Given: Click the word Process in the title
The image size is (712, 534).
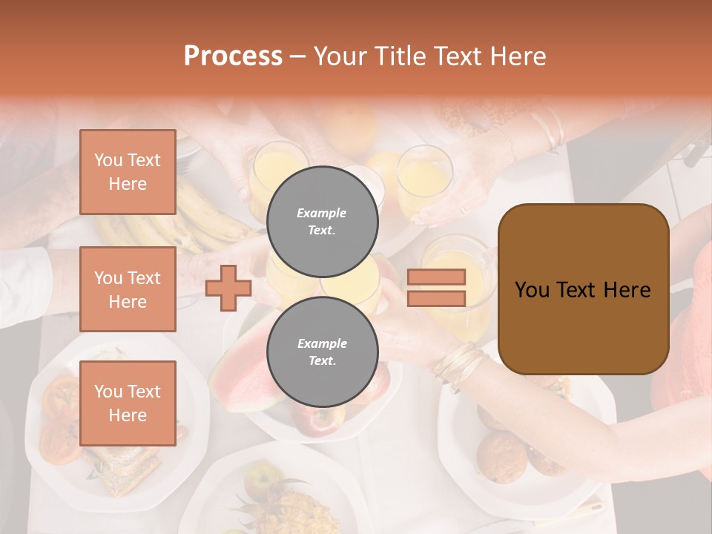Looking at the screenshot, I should [233, 56].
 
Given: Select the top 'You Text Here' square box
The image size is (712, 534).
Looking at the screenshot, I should [128, 172].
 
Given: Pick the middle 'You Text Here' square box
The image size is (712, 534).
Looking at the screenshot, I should [128, 289].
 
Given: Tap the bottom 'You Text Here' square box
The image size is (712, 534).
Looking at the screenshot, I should [128, 403].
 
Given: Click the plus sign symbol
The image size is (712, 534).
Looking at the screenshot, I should [228, 288].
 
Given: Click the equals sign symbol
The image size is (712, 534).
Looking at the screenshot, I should [436, 288].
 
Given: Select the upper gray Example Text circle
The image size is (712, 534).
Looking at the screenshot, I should [322, 221].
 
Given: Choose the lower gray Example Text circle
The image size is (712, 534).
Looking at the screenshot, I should [322, 352].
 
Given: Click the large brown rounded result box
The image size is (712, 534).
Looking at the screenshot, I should [583, 289].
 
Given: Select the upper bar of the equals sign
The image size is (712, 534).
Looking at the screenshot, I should [436, 277].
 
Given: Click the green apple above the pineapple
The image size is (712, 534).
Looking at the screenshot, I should [261, 479].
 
